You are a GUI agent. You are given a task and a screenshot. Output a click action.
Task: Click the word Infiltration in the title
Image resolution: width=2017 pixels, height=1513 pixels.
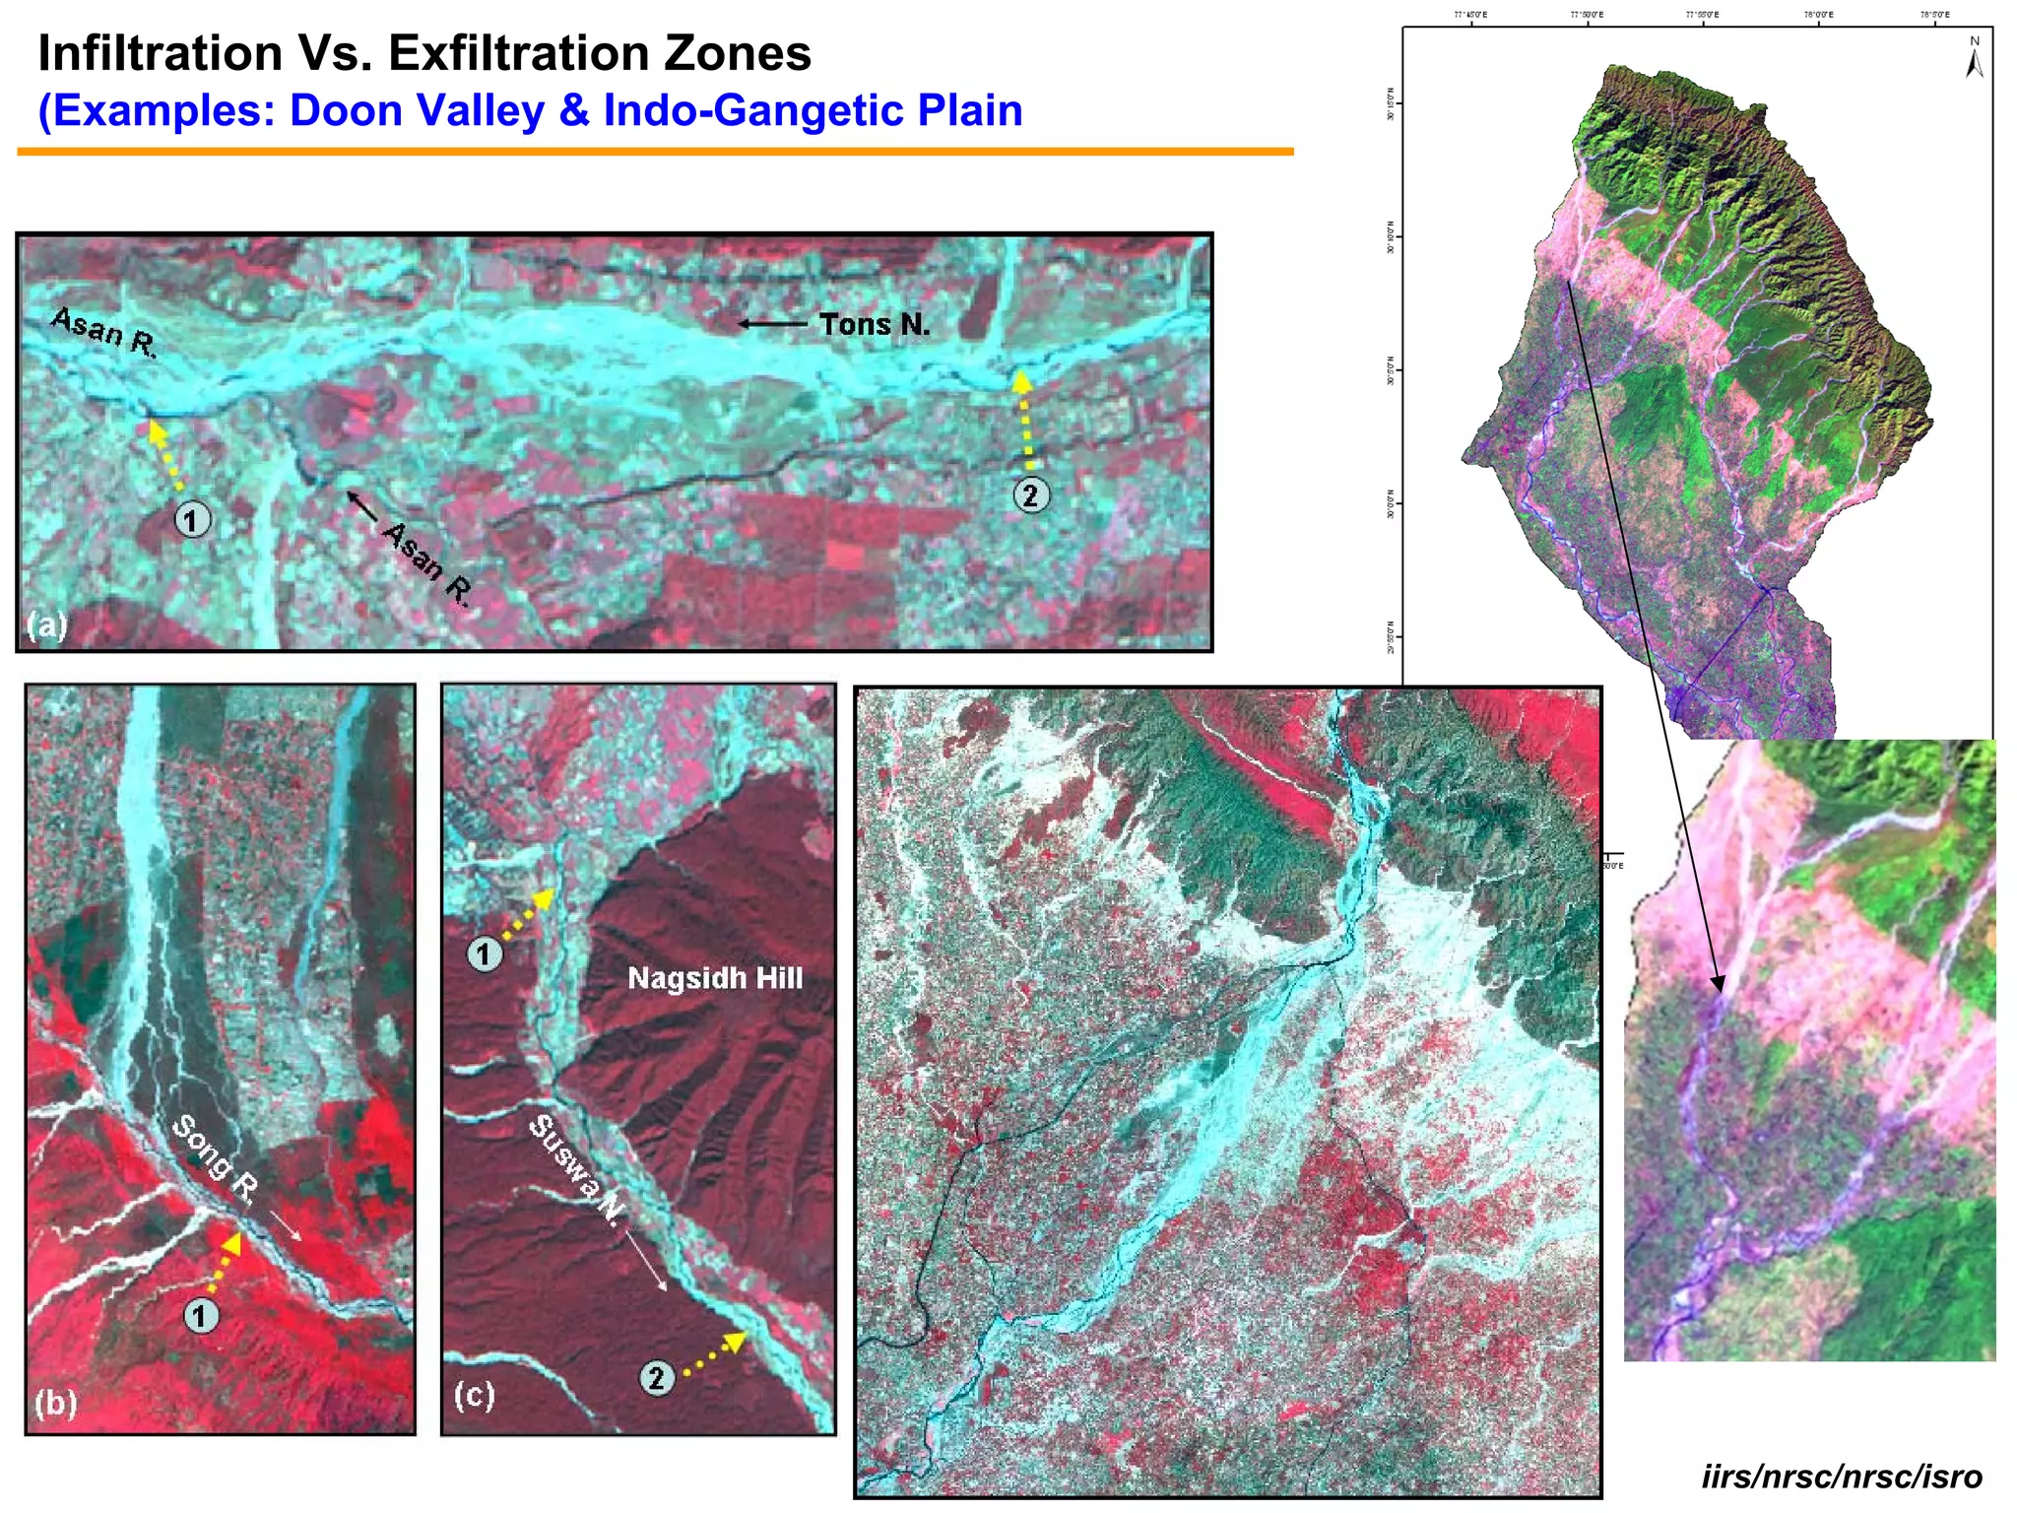[161, 53]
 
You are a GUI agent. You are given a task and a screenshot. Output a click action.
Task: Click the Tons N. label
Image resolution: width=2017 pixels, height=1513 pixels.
[875, 324]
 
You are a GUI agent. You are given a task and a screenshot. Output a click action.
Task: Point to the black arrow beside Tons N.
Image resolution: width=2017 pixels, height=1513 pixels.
[772, 323]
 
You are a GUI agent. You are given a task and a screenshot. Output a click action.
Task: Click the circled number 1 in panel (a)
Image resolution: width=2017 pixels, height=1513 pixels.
[192, 519]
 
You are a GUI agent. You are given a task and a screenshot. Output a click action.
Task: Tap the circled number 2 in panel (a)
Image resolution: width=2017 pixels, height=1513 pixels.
[1030, 494]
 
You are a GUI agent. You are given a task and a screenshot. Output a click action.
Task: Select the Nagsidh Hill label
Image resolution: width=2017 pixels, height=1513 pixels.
[715, 978]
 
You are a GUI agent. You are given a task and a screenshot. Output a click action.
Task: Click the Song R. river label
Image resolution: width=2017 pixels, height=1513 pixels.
[216, 1158]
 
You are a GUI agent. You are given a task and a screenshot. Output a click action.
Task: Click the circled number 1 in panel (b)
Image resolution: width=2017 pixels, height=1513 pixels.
[201, 1315]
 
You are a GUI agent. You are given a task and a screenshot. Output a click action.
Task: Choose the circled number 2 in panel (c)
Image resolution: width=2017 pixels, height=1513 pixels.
[657, 1376]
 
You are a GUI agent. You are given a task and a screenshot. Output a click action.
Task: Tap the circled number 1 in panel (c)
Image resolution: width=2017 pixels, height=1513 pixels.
[484, 953]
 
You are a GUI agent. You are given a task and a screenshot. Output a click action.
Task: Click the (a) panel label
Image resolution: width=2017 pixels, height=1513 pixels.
[46, 625]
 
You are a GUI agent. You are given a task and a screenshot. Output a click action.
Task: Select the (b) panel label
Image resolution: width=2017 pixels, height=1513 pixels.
[55, 1402]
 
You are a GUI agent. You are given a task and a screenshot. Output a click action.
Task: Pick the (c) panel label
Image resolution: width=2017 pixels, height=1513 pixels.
[474, 1395]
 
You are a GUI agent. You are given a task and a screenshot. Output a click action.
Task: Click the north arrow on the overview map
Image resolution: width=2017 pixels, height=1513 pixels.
[1974, 59]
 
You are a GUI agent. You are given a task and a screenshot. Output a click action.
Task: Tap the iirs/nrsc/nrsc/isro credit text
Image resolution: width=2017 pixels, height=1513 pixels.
[1841, 1477]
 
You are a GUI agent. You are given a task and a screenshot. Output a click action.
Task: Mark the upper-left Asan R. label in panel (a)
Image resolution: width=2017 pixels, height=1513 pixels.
[103, 330]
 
